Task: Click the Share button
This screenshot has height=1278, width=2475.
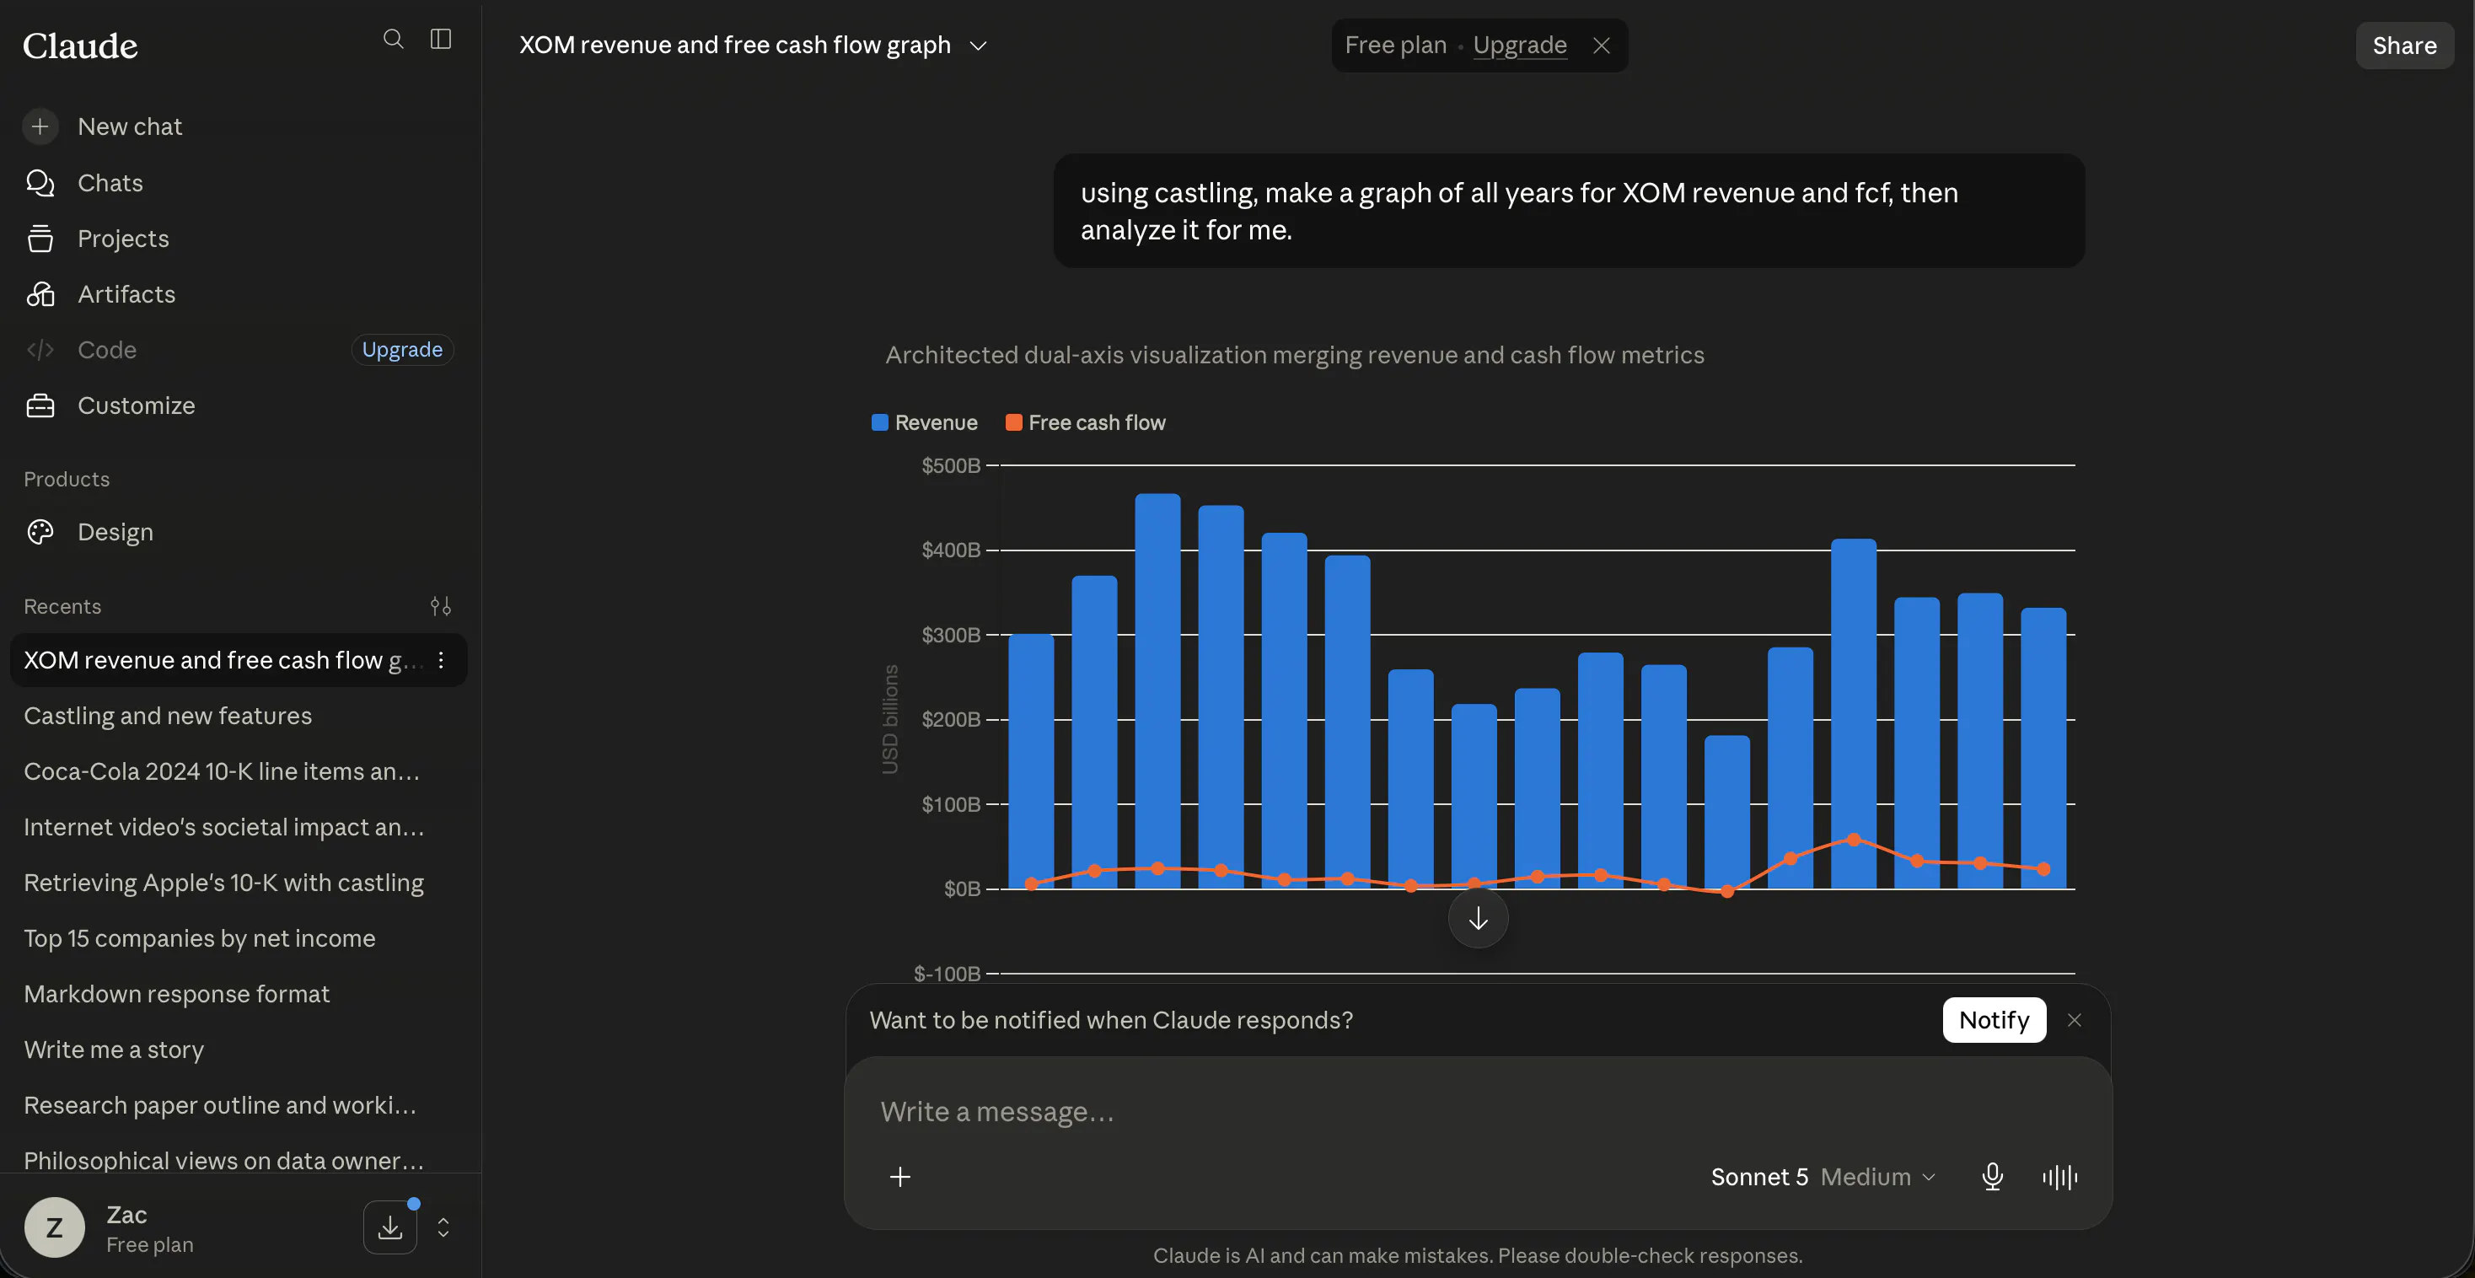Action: [x=2404, y=46]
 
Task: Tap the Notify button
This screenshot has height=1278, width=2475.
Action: [x=1994, y=1019]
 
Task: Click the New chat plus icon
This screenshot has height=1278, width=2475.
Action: [x=40, y=126]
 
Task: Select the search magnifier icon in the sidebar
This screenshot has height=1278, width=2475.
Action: [x=393, y=39]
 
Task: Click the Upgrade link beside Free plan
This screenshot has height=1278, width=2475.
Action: [x=1519, y=46]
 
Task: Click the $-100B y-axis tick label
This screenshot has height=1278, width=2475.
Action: [x=948, y=974]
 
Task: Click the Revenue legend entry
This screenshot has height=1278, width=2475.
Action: [x=924, y=423]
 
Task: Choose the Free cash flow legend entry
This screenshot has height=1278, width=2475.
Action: [x=1085, y=423]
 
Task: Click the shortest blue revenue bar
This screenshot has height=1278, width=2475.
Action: [x=1727, y=812]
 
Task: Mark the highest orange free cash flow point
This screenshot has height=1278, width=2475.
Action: [x=1855, y=840]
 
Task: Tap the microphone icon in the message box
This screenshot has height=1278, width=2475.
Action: [x=1993, y=1177]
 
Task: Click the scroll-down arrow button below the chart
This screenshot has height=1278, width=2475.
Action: [x=1478, y=920]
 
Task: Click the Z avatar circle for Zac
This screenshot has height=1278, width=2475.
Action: [x=55, y=1227]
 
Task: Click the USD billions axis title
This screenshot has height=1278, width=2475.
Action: [x=891, y=720]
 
